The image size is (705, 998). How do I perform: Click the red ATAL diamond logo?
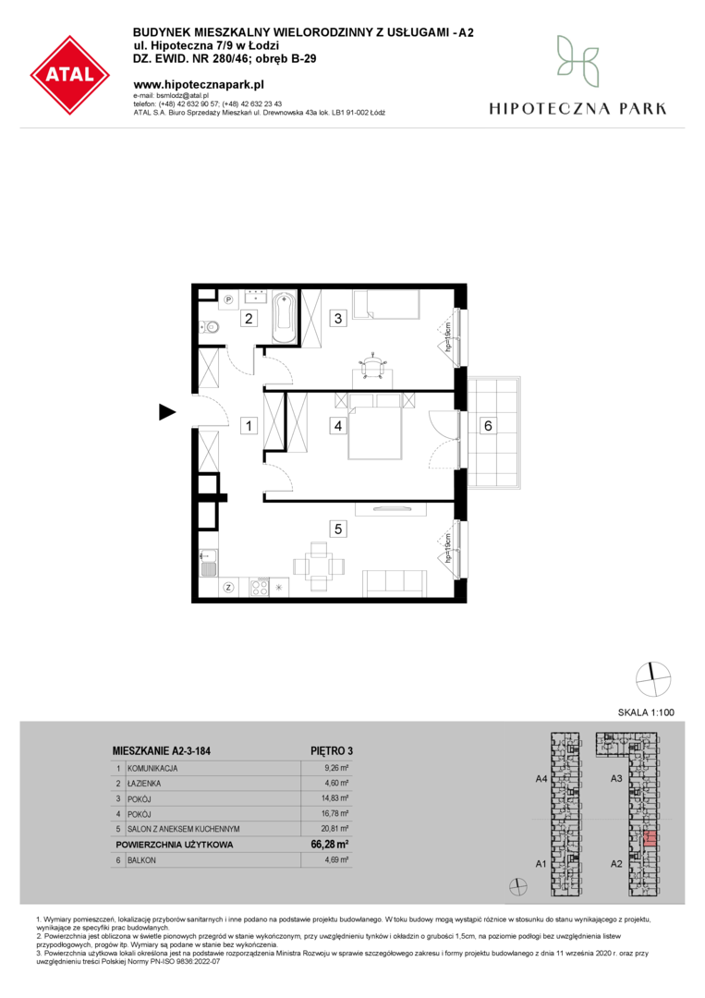[70, 75]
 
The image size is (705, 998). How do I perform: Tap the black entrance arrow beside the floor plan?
[167, 412]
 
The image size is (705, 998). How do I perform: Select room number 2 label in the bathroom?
[249, 318]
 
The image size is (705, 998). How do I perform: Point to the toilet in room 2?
[209, 327]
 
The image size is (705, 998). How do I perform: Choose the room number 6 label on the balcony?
[488, 425]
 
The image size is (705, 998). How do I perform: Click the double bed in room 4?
[375, 426]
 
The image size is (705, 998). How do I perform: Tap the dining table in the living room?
[320, 566]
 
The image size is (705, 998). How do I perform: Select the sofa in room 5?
[394, 583]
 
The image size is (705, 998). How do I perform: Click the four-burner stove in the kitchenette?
[259, 587]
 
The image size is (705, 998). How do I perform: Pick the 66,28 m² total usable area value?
[330, 845]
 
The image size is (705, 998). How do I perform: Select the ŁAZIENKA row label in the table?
[144, 784]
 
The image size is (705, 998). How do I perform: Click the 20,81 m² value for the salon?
[336, 829]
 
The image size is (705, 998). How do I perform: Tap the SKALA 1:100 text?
[646, 712]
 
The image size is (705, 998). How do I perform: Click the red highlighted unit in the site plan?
[650, 838]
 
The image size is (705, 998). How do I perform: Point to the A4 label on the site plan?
[541, 778]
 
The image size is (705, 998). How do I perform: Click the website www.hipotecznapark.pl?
[199, 85]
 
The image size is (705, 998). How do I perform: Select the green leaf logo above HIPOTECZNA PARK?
[577, 61]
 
